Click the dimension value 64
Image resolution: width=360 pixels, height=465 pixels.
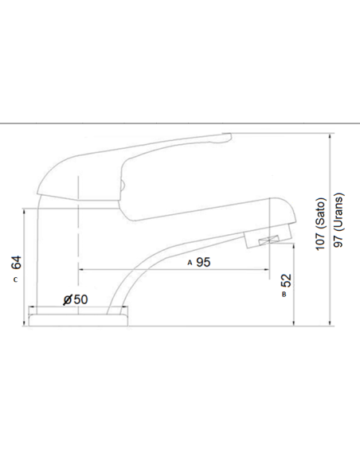pyautogui.click(x=16, y=262)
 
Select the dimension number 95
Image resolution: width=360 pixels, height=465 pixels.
pyautogui.click(x=202, y=262)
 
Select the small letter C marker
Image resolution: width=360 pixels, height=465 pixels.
pyautogui.click(x=16, y=281)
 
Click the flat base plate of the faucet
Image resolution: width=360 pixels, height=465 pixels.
pyautogui.click(x=76, y=319)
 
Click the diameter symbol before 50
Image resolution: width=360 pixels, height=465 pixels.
pyautogui.click(x=67, y=299)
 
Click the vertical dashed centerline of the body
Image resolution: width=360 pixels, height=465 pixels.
pyautogui.click(x=80, y=239)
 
